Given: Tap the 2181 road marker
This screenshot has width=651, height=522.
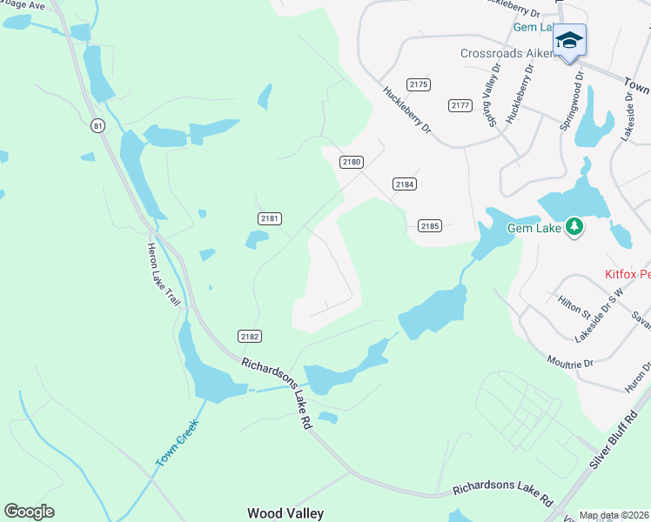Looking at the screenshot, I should tap(270, 218).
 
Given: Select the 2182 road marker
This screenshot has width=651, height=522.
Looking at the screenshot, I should tap(250, 336).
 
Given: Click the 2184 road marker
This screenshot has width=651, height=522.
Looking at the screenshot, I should tap(404, 184).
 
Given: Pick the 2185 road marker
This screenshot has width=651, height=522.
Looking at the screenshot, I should tap(429, 225).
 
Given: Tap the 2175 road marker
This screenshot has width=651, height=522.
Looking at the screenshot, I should tap(419, 84).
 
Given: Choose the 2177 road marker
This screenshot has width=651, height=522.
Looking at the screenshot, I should tap(460, 105).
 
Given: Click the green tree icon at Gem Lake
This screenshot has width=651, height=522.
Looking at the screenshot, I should tap(574, 228).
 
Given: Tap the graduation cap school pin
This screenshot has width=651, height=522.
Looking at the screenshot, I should tap(569, 40).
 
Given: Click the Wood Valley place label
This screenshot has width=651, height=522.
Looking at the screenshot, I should tap(285, 513).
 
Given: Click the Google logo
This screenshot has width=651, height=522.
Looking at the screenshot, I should tap(29, 512).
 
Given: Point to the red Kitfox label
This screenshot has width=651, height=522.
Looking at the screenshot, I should tap(627, 274).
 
